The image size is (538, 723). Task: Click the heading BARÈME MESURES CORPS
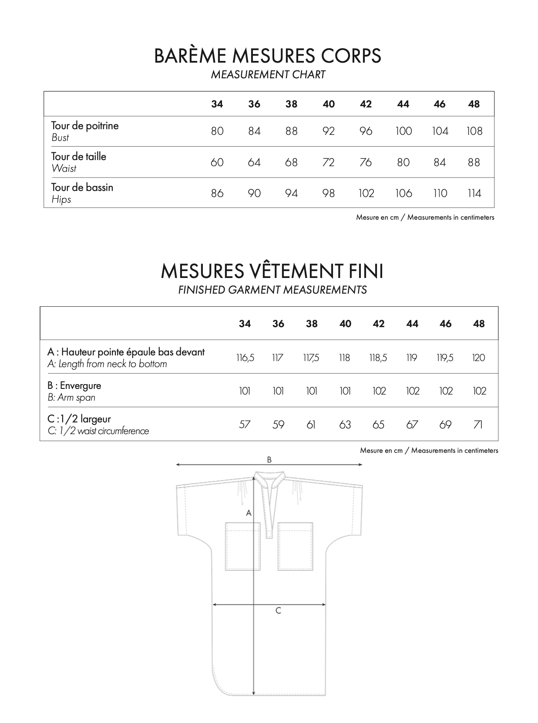point(268,56)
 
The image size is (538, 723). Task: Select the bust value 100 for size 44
point(403,131)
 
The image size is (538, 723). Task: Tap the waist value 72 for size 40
point(329,162)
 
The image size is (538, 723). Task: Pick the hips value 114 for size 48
point(474,193)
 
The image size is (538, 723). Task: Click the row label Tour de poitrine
point(85,126)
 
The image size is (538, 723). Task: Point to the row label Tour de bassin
point(82,187)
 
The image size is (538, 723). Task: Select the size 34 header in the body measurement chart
point(217,104)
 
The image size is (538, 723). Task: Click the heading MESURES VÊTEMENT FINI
point(272,271)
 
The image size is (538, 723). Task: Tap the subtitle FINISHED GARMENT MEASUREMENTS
point(272,290)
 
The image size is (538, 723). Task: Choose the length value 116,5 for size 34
point(245,358)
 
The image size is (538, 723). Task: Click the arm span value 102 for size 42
point(379,391)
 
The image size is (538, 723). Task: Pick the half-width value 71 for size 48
point(478,425)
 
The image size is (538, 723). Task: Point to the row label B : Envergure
point(74,385)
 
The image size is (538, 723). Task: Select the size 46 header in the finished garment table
point(446,324)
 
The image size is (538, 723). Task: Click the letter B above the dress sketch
point(269,460)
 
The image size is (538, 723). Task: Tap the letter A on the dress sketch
point(249,513)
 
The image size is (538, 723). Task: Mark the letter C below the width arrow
point(279,611)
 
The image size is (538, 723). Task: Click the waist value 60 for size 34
point(217,162)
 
